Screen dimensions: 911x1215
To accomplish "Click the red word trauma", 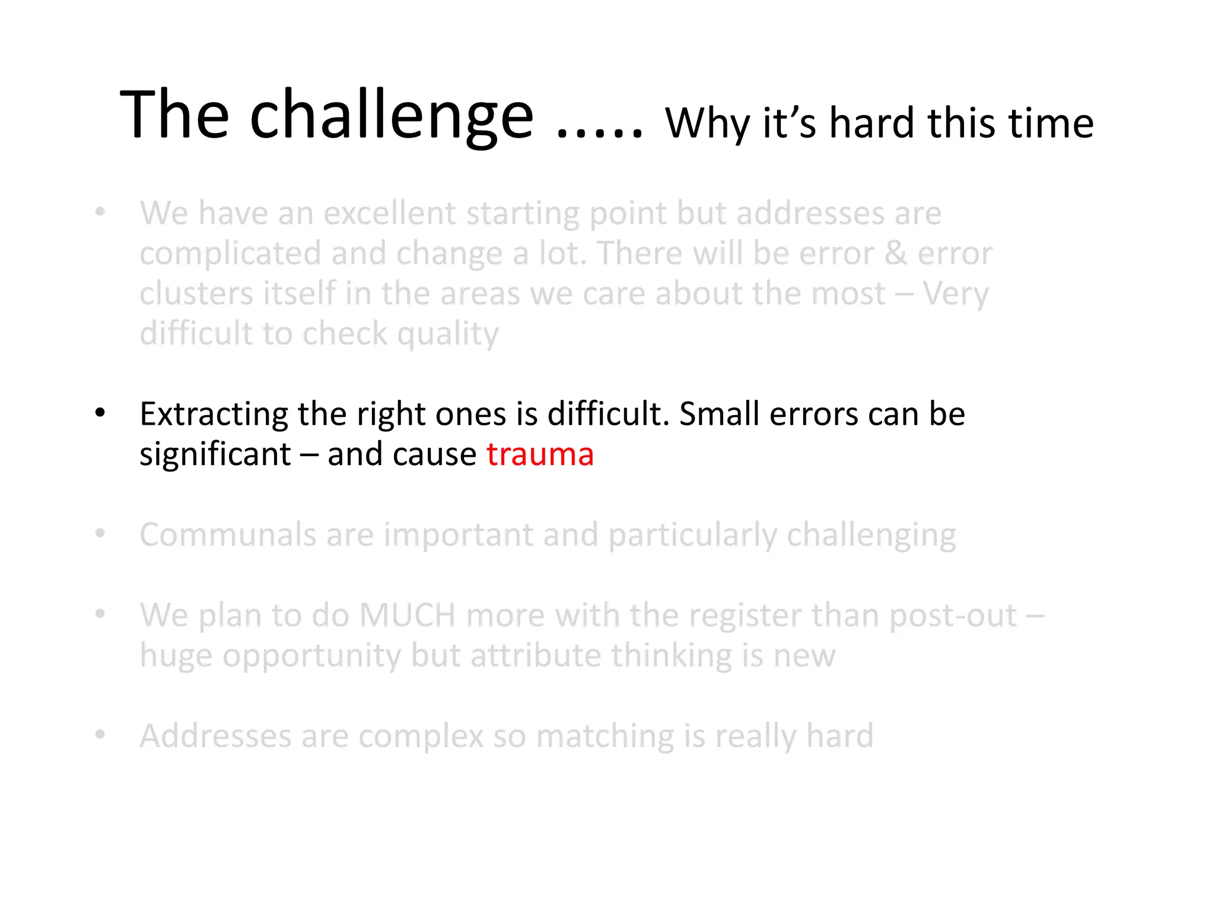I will (540, 455).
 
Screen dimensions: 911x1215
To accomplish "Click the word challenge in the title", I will (392, 116).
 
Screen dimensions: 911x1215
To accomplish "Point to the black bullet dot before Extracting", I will (100, 413).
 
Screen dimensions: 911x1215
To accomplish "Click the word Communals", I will (227, 535).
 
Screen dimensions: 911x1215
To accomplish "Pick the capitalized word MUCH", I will (407, 616).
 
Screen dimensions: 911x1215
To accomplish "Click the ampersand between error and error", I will (895, 254).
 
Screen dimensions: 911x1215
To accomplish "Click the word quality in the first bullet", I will (448, 335).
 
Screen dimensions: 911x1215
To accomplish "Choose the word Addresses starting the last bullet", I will (215, 737).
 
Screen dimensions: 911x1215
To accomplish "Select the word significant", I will (215, 455).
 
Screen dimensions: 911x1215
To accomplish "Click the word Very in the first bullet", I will (955, 294).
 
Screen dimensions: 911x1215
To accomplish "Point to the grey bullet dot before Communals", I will (100, 534).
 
